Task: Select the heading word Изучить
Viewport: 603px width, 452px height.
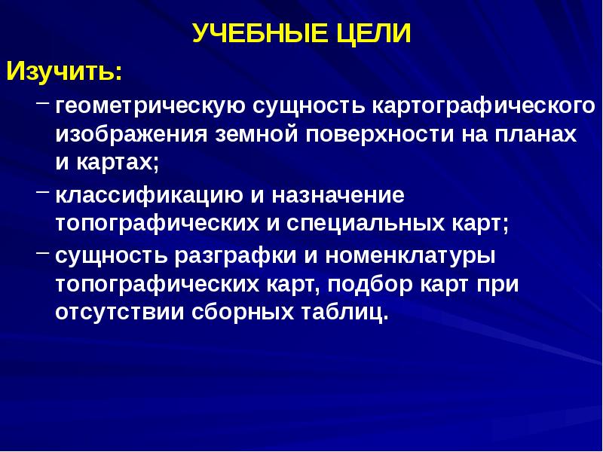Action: pos(63,74)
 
